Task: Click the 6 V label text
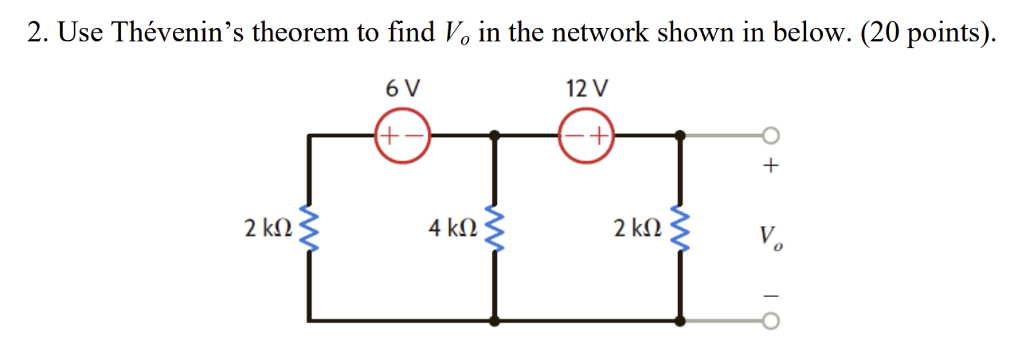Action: coord(402,88)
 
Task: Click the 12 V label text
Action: coord(587,88)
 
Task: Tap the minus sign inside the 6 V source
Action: coord(415,137)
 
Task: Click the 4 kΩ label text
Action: coord(452,229)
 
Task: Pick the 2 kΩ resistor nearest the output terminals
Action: coord(681,229)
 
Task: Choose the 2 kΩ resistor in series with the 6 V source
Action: coord(309,229)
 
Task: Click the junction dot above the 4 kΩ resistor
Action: coord(495,136)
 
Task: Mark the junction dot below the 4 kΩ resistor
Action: coord(495,321)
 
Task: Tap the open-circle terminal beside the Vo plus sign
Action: coord(769,136)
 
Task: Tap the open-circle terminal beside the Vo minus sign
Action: coord(769,321)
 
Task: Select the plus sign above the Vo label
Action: coord(770,168)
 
